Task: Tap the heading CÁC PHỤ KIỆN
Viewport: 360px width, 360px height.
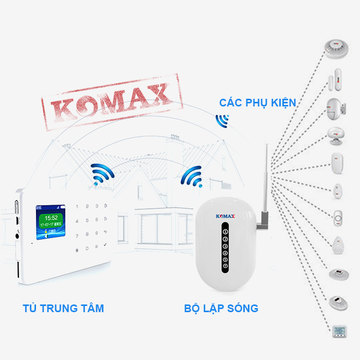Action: point(258,102)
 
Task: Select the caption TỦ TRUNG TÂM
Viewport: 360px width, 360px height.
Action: point(63,309)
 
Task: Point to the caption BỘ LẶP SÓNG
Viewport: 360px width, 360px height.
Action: point(221,309)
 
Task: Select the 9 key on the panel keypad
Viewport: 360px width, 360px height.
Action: point(106,235)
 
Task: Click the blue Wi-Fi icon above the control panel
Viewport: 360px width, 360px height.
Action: point(101,174)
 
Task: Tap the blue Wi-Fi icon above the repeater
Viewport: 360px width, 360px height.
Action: point(192,176)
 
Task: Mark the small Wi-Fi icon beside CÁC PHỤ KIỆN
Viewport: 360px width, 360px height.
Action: point(222,120)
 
